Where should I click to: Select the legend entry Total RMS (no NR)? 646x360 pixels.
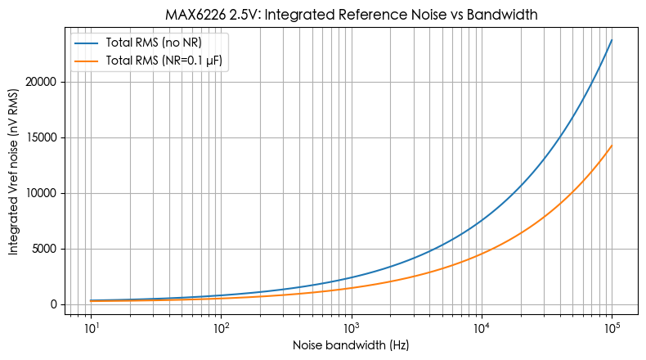154,43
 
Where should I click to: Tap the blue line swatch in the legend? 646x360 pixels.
87,43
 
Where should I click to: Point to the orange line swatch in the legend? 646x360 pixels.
87,61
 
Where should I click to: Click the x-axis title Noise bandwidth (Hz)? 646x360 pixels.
351,345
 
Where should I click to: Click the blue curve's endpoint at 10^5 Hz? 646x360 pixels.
612,40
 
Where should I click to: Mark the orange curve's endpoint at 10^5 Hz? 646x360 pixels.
612,146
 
